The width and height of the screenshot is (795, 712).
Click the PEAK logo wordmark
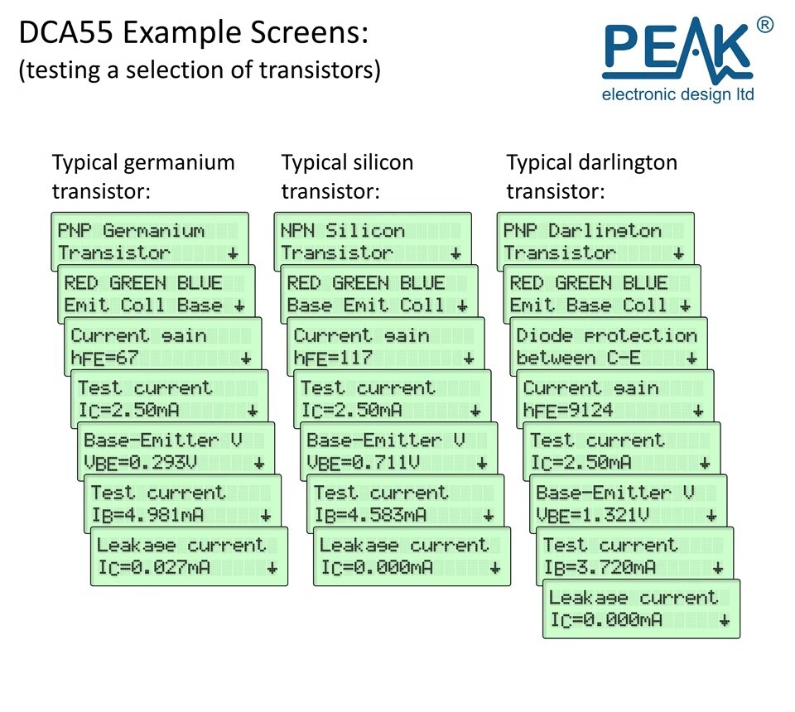coord(677,51)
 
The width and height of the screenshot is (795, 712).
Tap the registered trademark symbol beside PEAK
coord(765,25)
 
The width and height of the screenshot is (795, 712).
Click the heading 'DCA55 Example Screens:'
coord(194,32)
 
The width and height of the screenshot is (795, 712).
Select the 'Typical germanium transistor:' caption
coord(143,177)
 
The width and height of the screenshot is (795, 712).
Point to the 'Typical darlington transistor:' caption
coord(591,177)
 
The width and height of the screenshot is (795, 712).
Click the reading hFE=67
coord(104,358)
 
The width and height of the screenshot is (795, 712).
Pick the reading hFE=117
coord(333,358)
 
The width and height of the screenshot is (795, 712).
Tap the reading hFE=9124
coord(568,411)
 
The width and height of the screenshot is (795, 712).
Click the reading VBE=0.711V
coord(363,463)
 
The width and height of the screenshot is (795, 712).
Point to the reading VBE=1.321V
coord(592,516)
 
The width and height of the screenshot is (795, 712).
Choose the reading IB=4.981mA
coord(147,516)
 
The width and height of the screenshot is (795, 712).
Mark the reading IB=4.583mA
coord(370,516)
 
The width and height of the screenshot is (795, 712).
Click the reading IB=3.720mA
coord(600,568)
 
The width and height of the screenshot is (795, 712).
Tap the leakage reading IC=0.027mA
coord(154,568)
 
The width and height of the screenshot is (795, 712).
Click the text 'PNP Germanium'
coord(131,231)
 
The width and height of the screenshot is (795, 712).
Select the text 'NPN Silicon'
coord(343,231)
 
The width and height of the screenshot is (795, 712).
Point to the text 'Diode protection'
coord(606,335)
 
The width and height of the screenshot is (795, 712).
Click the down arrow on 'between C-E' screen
coord(691,358)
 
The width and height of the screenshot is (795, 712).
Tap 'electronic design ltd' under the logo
coord(678,94)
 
